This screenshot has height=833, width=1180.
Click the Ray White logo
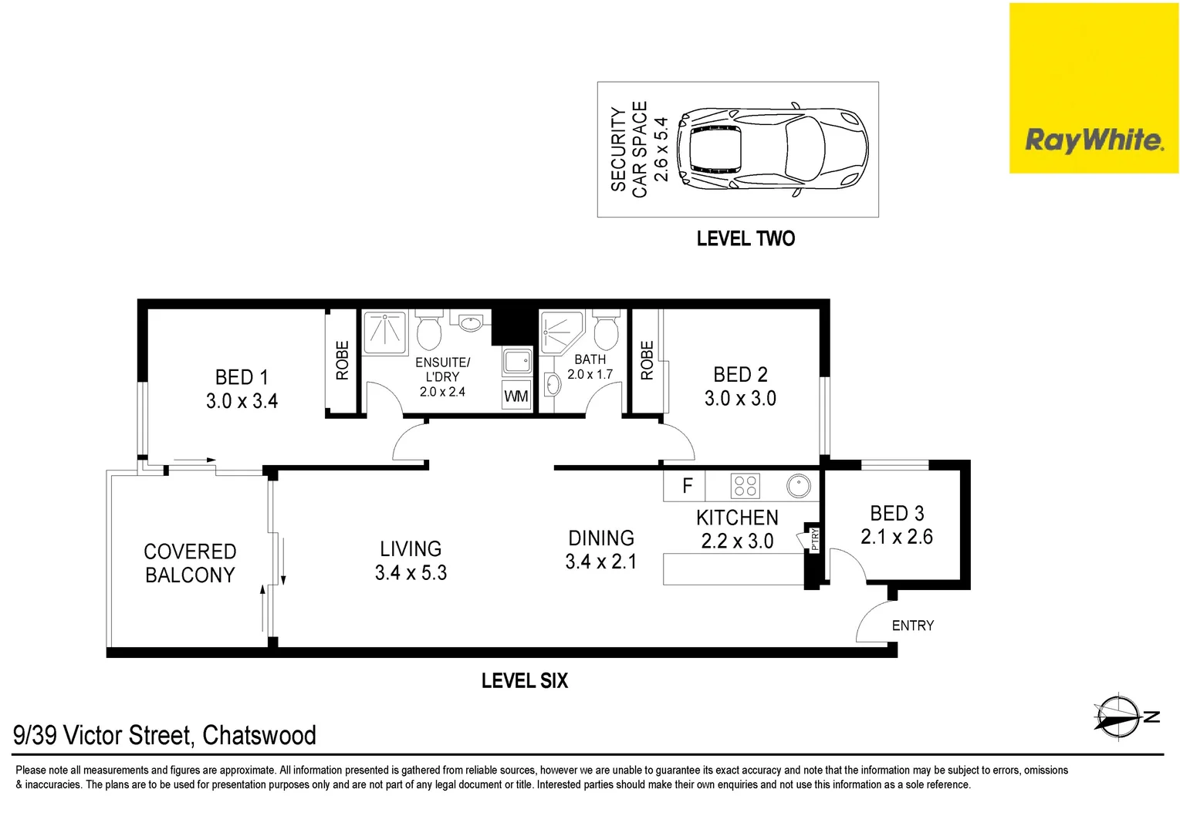pyautogui.click(x=1094, y=140)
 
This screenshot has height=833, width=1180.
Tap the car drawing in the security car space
pyautogui.click(x=773, y=149)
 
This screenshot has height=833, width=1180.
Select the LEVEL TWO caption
pyautogui.click(x=746, y=239)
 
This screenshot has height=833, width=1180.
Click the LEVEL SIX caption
pyautogui.click(x=524, y=681)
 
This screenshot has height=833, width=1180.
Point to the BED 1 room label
pyautogui.click(x=242, y=377)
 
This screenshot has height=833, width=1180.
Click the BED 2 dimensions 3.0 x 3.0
pyautogui.click(x=740, y=399)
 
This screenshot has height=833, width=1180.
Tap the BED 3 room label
pyautogui.click(x=897, y=514)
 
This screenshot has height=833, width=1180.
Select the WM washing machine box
pyautogui.click(x=516, y=396)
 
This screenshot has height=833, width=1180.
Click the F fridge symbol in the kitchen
pyautogui.click(x=687, y=486)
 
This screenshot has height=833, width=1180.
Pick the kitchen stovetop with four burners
pyautogui.click(x=746, y=486)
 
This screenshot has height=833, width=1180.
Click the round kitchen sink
pyautogui.click(x=799, y=486)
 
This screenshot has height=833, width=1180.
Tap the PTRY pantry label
pyautogui.click(x=815, y=538)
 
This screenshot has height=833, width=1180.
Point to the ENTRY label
pyautogui.click(x=912, y=626)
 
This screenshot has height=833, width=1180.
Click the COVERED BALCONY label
pyautogui.click(x=190, y=564)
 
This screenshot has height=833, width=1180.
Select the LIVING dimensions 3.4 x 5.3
pyautogui.click(x=411, y=573)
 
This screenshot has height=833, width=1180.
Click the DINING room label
pyautogui.click(x=601, y=538)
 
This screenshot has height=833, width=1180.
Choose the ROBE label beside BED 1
pyautogui.click(x=342, y=360)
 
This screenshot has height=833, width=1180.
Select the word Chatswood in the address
pyautogui.click(x=259, y=736)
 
